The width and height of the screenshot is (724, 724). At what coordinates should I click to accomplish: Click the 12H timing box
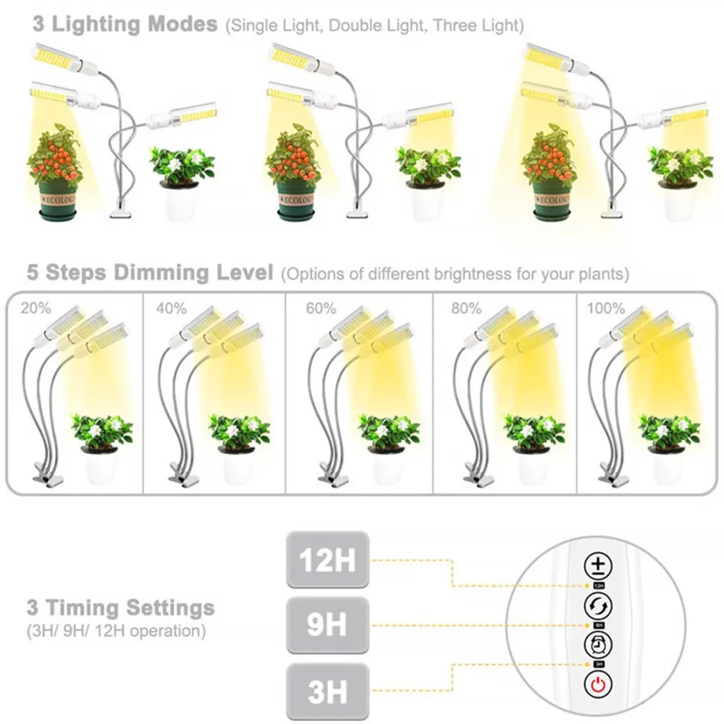(328, 559)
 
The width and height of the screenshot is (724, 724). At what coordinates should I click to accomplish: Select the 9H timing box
(328, 625)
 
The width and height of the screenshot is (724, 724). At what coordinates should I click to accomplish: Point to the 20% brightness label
(35, 308)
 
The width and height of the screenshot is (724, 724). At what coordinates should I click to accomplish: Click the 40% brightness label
(172, 308)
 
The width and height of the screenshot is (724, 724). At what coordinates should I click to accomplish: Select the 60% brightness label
(321, 308)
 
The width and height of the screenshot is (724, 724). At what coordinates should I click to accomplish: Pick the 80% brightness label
(466, 308)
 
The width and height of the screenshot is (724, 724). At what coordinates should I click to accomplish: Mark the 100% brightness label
(606, 308)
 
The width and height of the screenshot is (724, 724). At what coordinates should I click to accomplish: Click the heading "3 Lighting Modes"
(125, 24)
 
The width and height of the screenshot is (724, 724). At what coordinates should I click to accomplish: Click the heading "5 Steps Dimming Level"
(150, 274)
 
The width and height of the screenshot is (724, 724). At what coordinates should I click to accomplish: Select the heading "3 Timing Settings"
(121, 607)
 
